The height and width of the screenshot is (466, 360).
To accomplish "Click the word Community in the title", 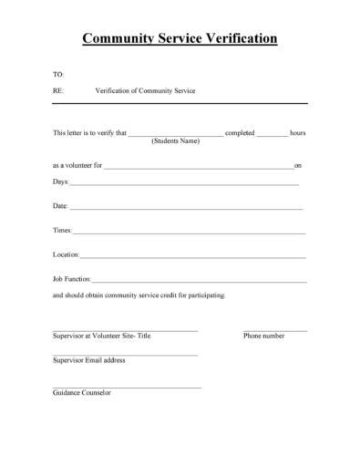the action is tap(119, 38).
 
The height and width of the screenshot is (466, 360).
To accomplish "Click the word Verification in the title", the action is tap(233, 38).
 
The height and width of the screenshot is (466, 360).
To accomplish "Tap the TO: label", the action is tap(58, 73).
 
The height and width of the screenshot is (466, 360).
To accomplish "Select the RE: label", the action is tap(58, 91).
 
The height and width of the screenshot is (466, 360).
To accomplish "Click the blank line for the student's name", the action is tap(175, 135).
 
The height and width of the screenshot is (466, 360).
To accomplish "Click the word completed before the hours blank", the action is tap(240, 133).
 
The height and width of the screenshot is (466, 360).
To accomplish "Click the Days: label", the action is tap(61, 182).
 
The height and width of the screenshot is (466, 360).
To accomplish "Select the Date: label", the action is tap(61, 206).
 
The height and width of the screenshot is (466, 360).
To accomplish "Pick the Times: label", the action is tap(63, 231).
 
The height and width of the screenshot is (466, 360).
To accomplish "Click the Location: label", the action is tap(67, 254).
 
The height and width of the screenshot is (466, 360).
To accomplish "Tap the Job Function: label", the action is tap(72, 278).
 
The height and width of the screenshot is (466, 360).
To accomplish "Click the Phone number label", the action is tap(264, 336).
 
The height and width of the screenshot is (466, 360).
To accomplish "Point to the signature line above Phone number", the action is tap(275, 329).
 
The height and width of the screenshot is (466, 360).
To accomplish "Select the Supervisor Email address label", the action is tap(89, 360).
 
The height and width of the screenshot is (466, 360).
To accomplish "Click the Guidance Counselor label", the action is tap(82, 393).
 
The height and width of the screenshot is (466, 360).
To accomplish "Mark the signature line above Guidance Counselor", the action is tap(127, 388).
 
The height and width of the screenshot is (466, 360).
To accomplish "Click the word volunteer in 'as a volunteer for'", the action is tap(78, 165).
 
